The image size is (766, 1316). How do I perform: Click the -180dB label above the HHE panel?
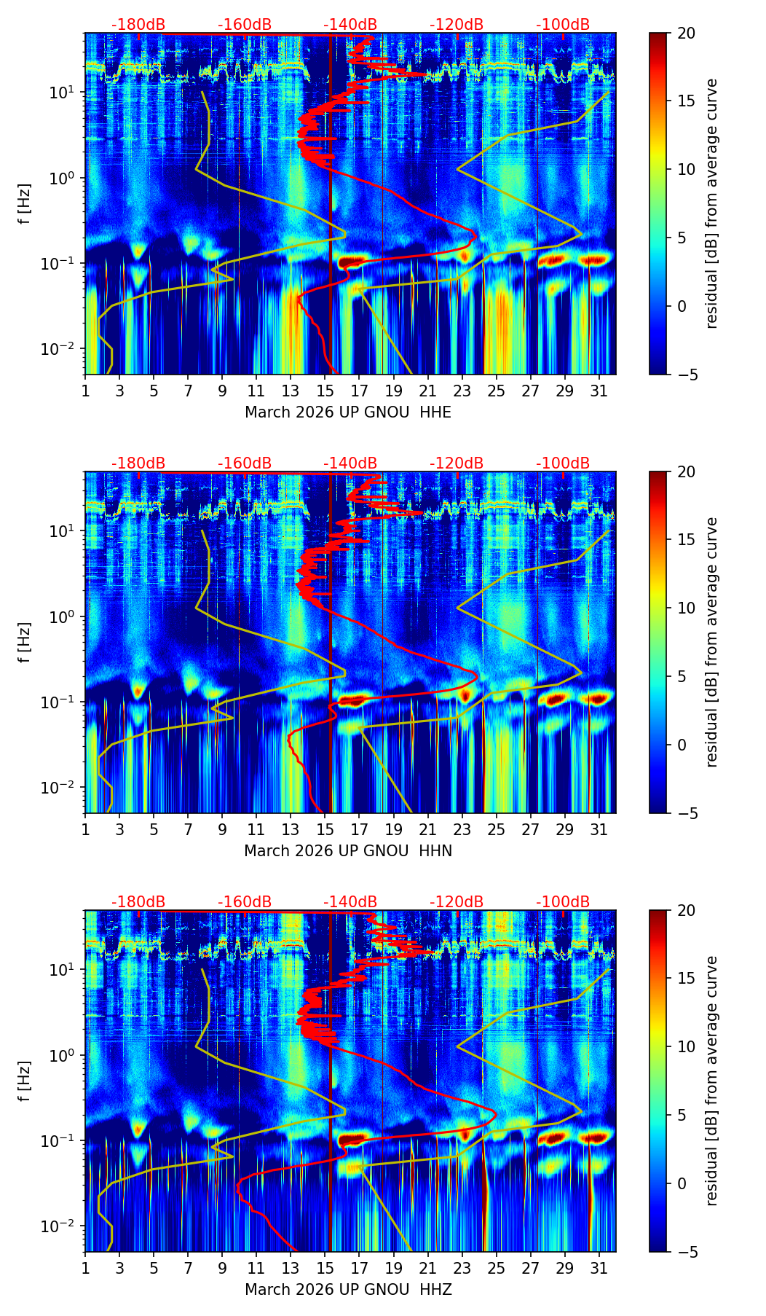coord(138,25)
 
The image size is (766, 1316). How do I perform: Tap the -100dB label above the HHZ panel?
coord(563,902)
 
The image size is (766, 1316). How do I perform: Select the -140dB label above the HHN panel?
coord(350,463)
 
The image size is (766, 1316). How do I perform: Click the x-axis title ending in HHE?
coord(348,412)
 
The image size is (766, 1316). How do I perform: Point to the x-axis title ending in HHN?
coord(348,851)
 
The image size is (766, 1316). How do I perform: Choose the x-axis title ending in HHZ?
coord(348,1290)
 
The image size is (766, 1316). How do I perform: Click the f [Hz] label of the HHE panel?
coord(25,204)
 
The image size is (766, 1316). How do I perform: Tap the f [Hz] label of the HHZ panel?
coord(25,1081)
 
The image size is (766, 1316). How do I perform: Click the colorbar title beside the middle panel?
coord(712,642)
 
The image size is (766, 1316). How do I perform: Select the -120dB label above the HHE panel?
coord(457,25)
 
